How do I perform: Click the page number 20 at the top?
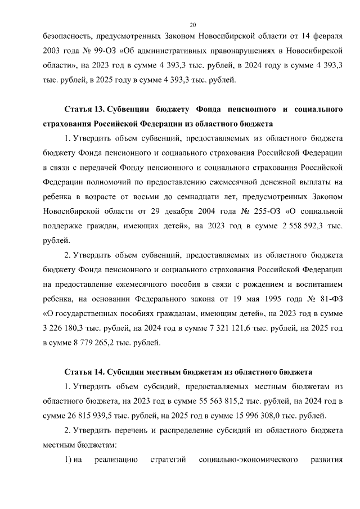pyautogui.click(x=192, y=25)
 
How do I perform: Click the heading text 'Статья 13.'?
pyautogui.click(x=84, y=107)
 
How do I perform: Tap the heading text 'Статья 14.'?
pyautogui.click(x=84, y=372)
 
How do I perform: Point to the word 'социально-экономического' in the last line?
pyautogui.click(x=249, y=460)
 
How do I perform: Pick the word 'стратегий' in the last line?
pyautogui.click(x=168, y=460)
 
